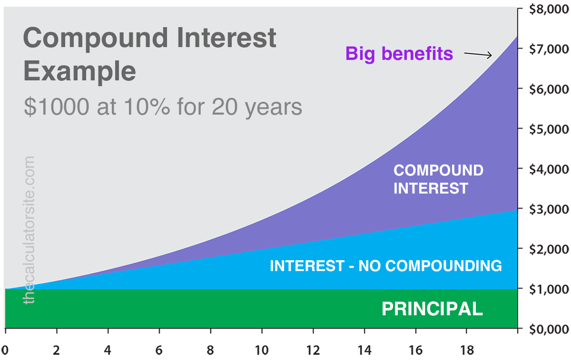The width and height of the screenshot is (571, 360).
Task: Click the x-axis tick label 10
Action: click(262, 350)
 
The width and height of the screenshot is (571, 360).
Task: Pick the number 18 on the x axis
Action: click(467, 350)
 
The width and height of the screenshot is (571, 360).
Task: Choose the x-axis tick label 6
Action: click(159, 350)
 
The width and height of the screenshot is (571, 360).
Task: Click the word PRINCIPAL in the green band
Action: click(432, 309)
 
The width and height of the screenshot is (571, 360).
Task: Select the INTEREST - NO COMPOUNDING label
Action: click(385, 265)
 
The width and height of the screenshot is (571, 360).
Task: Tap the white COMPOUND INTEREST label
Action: click(438, 179)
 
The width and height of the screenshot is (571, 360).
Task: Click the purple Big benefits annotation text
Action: click(399, 53)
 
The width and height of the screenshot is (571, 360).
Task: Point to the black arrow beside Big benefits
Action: click(478, 55)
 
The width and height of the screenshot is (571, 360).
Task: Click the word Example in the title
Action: click(79, 71)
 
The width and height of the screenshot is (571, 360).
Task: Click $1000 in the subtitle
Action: click(56, 107)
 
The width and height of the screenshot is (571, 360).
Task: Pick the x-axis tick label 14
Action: click(364, 350)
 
